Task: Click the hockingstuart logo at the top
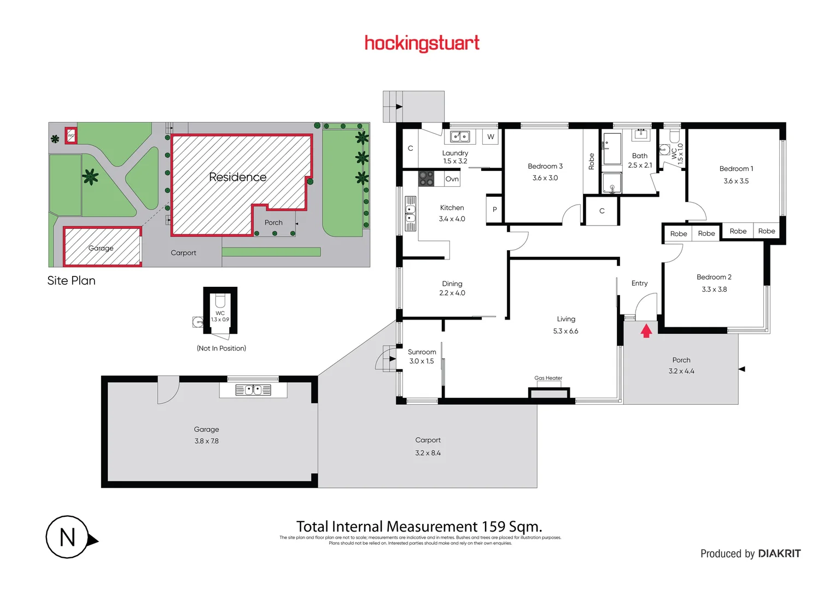click(x=422, y=43)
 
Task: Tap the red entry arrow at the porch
click(x=646, y=331)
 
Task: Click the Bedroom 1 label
click(x=736, y=169)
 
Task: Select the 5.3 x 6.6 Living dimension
click(x=565, y=331)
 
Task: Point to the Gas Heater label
click(x=548, y=378)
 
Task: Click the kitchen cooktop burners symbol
click(x=426, y=179)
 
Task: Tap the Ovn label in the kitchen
click(x=452, y=179)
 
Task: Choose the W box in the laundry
click(x=491, y=137)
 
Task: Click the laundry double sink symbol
click(x=460, y=137)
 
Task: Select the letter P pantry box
click(x=494, y=209)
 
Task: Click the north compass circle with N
click(x=67, y=537)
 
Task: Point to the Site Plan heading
click(x=71, y=281)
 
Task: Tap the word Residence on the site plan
click(x=237, y=177)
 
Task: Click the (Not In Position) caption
click(x=221, y=349)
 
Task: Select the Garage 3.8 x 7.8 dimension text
click(x=206, y=441)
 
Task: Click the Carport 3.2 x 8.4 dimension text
click(x=428, y=453)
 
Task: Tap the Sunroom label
click(x=422, y=352)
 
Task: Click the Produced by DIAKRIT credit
click(x=750, y=553)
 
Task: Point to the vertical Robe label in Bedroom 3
click(x=591, y=161)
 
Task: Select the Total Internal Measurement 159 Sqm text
click(x=419, y=527)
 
